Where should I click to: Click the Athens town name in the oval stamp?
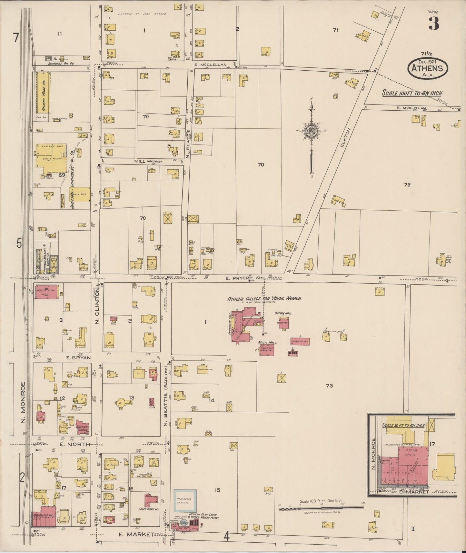[x=428, y=68]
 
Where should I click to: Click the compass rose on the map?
[x=312, y=132]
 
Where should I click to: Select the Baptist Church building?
[x=83, y=427]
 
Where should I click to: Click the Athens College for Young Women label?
[x=264, y=299]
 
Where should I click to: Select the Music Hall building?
[x=267, y=349]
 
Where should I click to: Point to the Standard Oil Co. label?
[x=61, y=64]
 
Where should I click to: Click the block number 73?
[x=329, y=386]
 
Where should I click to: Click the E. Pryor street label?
[x=236, y=277]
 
